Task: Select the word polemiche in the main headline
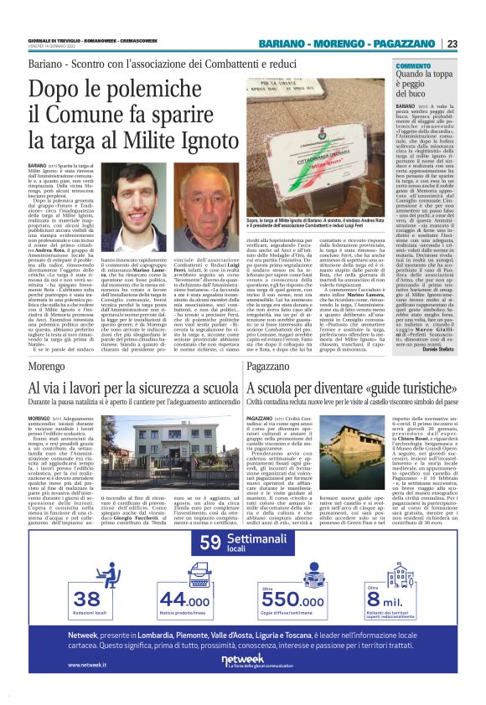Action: (155, 89)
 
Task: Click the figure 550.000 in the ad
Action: (291, 599)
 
